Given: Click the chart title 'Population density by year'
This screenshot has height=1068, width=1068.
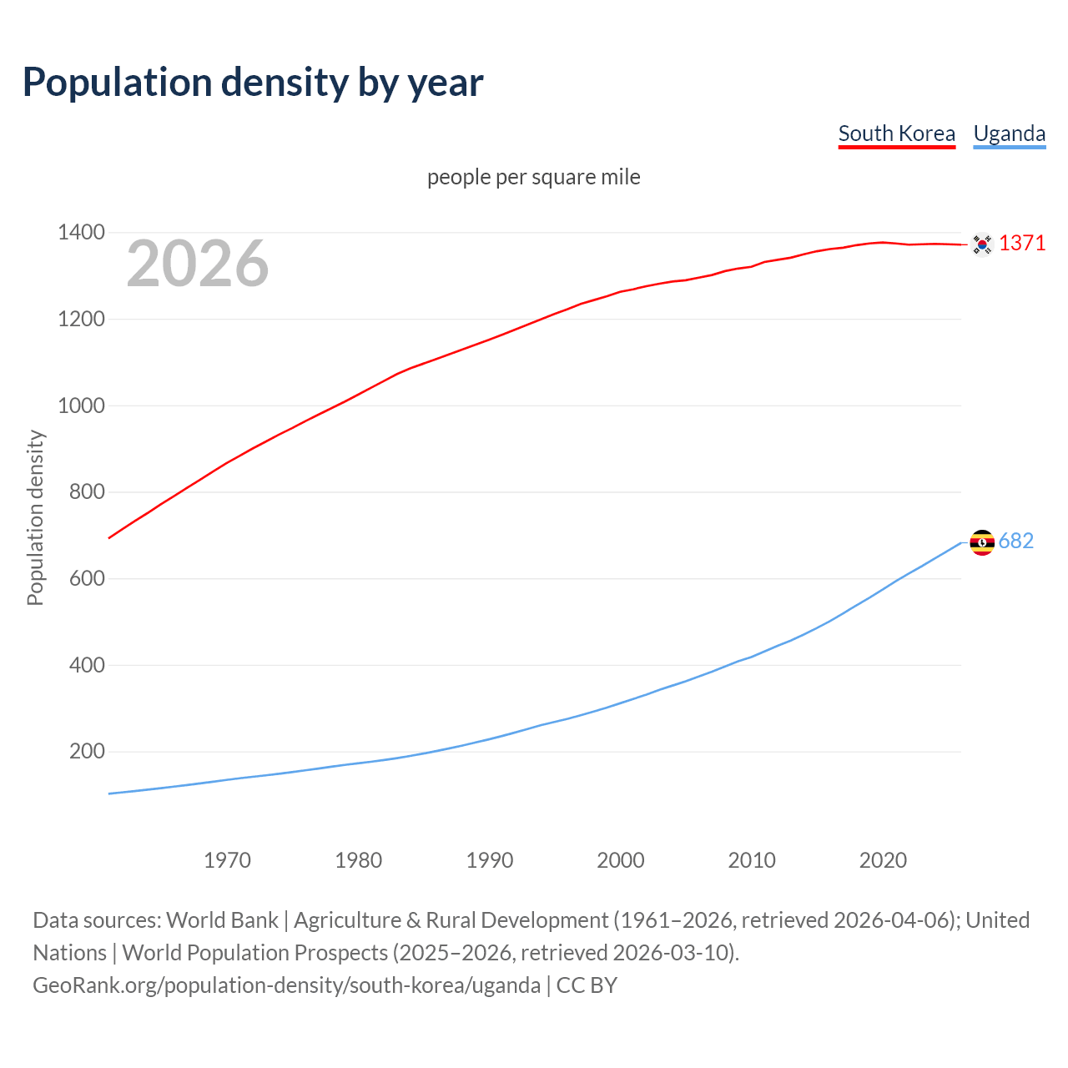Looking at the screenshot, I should (253, 83).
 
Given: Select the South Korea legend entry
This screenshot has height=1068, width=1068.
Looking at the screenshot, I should (896, 133).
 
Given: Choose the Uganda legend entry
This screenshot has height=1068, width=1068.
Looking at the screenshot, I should (1009, 133).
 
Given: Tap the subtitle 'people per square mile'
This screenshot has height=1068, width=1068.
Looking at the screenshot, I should (533, 177).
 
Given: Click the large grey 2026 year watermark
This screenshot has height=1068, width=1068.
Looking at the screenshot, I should (198, 264).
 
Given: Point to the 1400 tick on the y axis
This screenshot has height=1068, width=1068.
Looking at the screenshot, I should (81, 233).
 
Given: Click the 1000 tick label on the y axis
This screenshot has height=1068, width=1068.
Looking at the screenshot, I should (81, 406).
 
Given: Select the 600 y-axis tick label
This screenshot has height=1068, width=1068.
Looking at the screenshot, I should (87, 578).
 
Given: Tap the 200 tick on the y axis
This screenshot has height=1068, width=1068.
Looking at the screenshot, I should (87, 751).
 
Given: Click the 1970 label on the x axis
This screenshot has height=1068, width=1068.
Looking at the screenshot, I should (227, 859).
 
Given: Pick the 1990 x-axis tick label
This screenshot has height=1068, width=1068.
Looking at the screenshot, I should (490, 859).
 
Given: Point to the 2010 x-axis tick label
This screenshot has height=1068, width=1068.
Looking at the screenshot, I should (752, 859).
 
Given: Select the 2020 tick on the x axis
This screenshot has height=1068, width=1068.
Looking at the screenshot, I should (883, 859).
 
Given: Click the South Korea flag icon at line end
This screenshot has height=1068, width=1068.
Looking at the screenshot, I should (982, 244).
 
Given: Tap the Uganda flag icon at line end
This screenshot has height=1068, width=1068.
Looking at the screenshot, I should (982, 542).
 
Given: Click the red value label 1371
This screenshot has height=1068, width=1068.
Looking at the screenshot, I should (1022, 243).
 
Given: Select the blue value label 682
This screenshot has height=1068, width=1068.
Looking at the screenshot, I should (1015, 541).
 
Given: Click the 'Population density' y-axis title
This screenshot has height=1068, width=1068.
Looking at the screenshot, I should (35, 517).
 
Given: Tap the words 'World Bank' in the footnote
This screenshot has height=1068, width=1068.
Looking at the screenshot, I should (222, 919).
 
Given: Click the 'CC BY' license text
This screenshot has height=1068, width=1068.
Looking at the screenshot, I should (587, 985).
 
